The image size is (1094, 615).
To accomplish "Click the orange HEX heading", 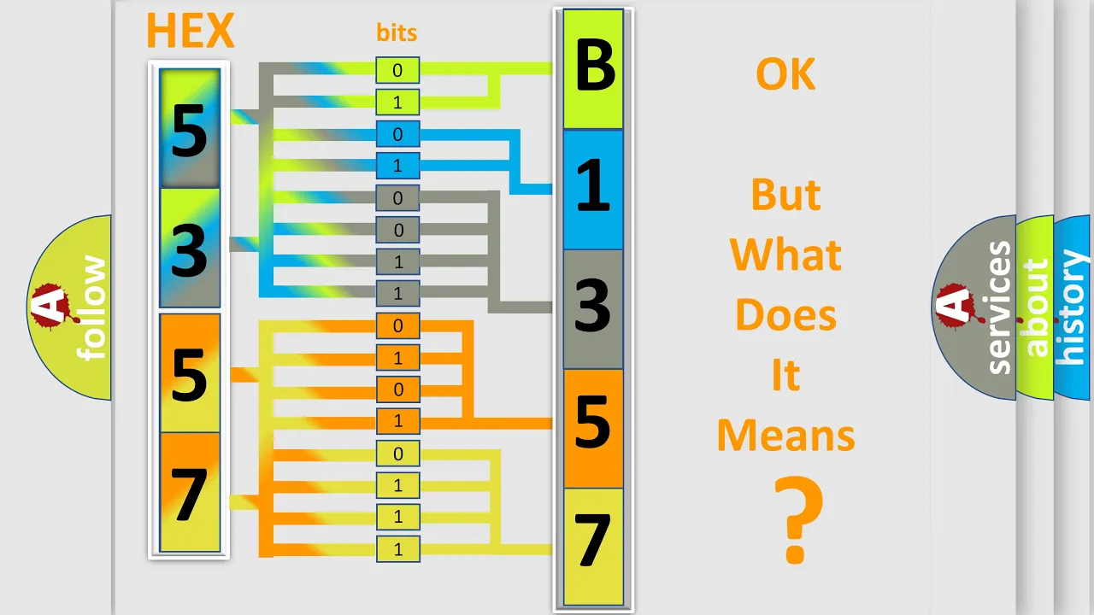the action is pyautogui.click(x=191, y=31).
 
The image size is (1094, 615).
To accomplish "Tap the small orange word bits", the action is pyautogui.click(x=397, y=32).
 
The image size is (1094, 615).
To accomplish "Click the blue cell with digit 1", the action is pyautogui.click(x=593, y=190).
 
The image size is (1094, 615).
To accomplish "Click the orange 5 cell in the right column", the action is pyautogui.click(x=593, y=429).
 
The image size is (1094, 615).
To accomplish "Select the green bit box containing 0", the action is pyautogui.click(x=397, y=70).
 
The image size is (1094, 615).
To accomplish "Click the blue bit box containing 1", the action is pyautogui.click(x=397, y=166).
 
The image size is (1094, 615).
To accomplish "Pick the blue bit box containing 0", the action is pyautogui.click(x=397, y=134).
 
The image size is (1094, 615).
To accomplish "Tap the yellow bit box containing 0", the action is pyautogui.click(x=397, y=454).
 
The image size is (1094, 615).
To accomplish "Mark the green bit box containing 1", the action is pyautogui.click(x=397, y=102).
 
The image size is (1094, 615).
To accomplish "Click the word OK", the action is pyautogui.click(x=785, y=74).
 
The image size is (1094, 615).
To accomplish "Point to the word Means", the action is pyautogui.click(x=785, y=436).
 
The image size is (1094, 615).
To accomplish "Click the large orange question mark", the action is pyautogui.click(x=798, y=520).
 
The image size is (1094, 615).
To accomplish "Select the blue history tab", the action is pyautogui.click(x=1073, y=307).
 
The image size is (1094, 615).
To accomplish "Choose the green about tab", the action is pyautogui.click(x=1035, y=307).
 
